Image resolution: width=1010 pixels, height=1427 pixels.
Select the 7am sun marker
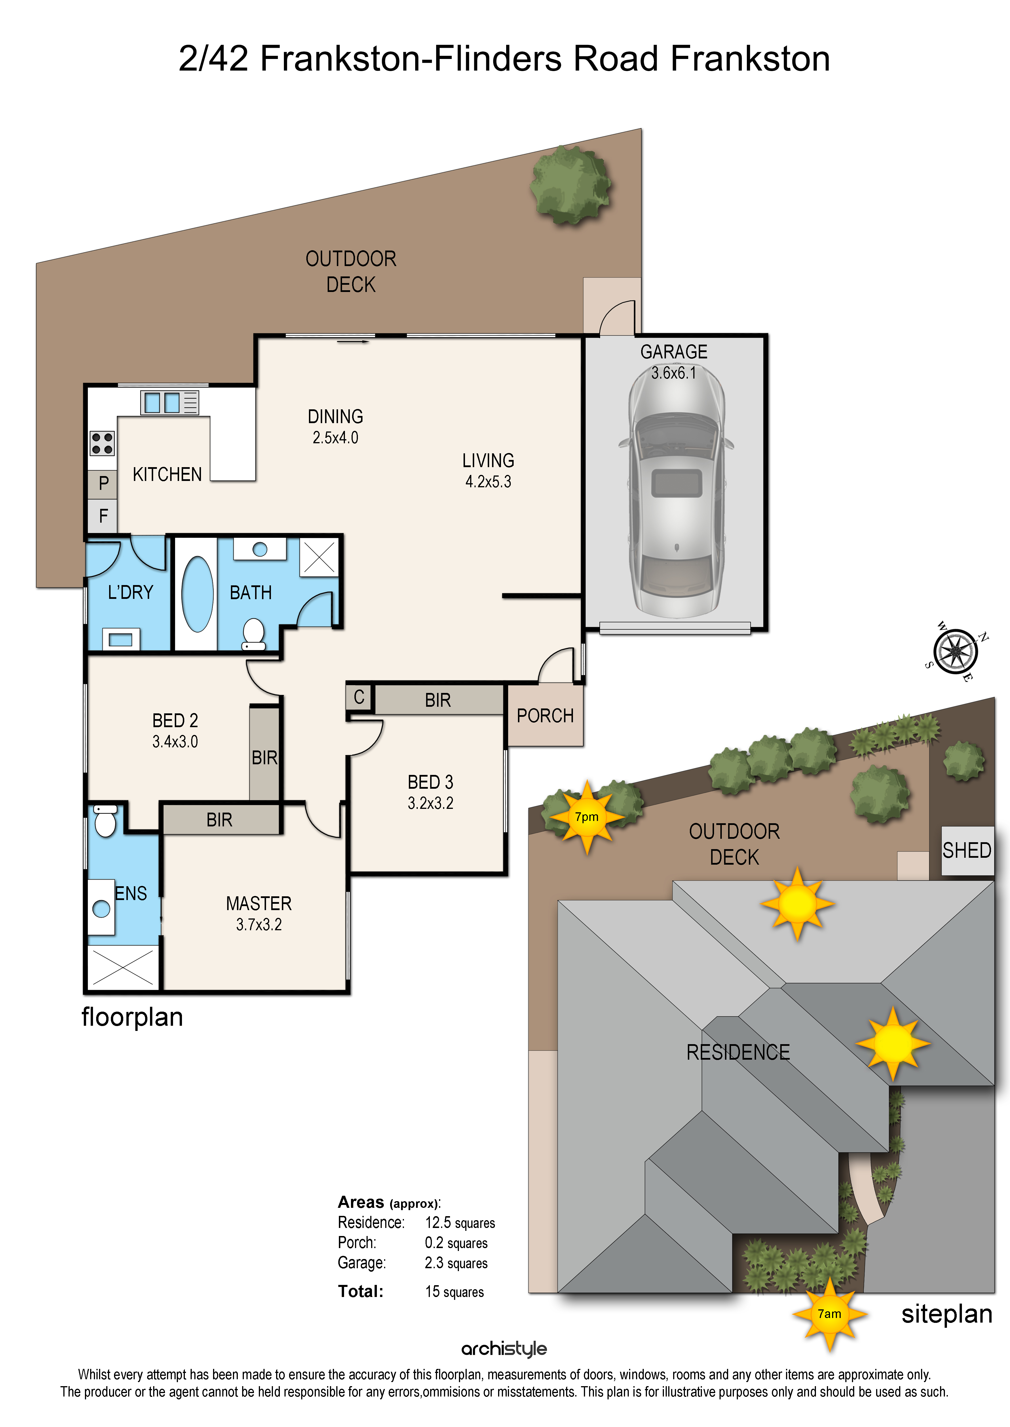pos(830,1314)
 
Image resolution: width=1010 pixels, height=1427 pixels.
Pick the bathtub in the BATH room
pos(197,594)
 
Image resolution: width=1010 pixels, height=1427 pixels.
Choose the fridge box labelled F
pos(102,516)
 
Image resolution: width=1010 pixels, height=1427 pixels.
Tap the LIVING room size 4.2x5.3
pos(488,482)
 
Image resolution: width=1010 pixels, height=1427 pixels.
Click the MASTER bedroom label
pos(259,904)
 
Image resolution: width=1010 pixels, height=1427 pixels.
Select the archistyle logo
pos(504,1349)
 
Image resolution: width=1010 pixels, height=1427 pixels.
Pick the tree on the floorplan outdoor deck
pos(570,185)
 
